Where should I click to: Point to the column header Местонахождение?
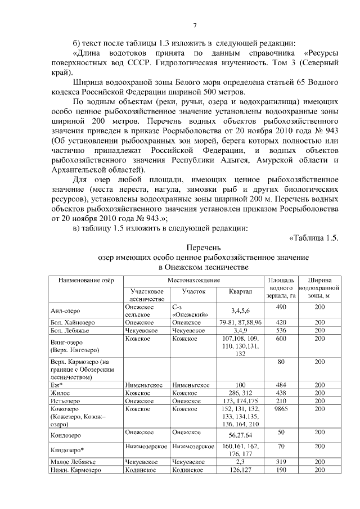(x=193, y=280)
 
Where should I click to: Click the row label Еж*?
(x=55, y=385)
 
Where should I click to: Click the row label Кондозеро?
(x=66, y=435)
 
